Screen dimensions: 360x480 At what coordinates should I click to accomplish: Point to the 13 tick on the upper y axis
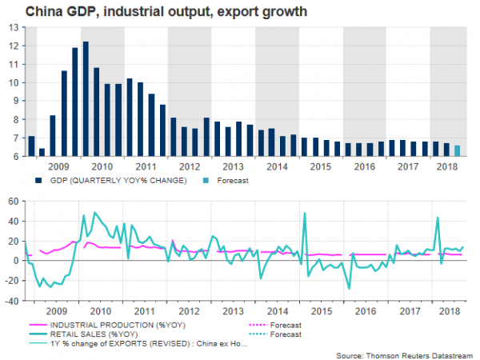point(16,27)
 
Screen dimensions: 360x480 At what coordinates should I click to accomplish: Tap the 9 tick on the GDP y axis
point(18,101)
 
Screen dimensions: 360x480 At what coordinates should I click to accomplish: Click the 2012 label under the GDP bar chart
point(190,167)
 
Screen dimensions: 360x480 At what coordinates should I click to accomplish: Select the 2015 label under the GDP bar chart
point(321,167)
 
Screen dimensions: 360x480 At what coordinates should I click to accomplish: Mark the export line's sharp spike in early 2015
point(305,214)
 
